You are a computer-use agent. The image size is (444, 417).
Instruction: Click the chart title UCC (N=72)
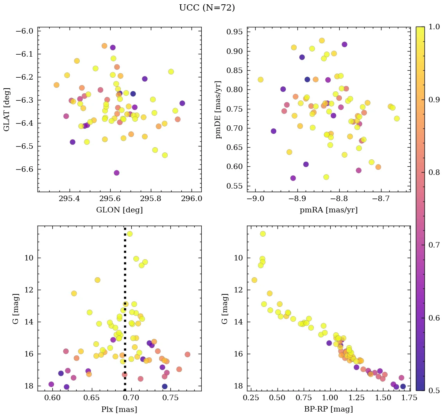pos(207,8)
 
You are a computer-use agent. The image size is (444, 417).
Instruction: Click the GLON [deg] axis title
pos(119,210)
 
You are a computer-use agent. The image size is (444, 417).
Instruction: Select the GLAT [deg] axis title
pos(7,109)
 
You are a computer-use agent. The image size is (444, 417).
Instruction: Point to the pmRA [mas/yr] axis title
pos(328,210)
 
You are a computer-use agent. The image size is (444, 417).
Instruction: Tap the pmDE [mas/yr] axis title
pos(218,109)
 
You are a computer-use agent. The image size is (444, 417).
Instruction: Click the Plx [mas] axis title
pos(119,410)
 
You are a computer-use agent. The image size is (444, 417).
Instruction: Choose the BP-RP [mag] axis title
pos(328,410)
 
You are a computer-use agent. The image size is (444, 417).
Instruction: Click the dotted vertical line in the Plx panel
pos(125,312)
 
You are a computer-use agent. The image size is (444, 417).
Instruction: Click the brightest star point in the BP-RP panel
pos(263,234)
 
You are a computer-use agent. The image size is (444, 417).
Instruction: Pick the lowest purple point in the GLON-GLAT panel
pos(116,173)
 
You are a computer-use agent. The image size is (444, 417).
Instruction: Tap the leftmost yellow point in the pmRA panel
pos(260,80)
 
